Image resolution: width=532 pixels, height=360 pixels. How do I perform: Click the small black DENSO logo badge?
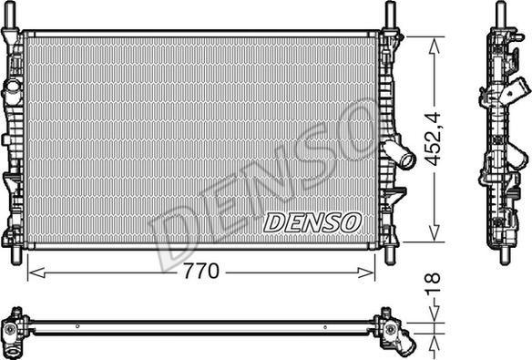312,221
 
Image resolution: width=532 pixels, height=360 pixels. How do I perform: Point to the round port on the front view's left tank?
13,91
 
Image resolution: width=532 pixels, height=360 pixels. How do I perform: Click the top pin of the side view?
500,13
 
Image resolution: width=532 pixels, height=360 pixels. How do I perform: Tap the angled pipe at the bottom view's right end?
406,343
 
